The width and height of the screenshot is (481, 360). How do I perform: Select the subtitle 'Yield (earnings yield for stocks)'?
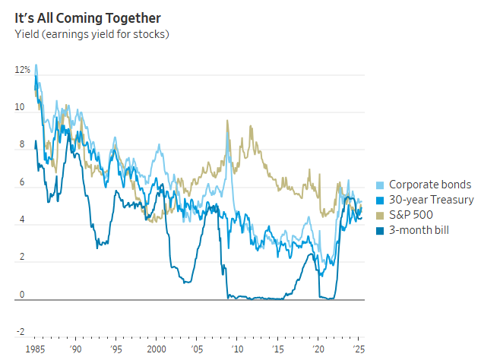(x=91, y=33)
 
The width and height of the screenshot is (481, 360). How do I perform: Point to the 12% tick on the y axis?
(x=22, y=70)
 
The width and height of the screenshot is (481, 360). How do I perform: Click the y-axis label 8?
(x=22, y=145)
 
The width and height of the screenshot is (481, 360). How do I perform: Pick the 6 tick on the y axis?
(x=22, y=183)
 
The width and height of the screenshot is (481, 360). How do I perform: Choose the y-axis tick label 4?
(x=22, y=220)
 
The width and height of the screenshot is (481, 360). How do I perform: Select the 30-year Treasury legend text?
(x=432, y=200)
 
